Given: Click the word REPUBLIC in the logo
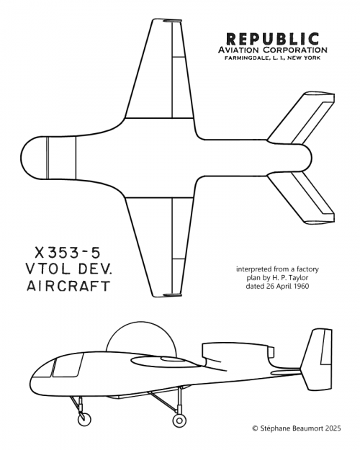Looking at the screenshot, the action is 272,39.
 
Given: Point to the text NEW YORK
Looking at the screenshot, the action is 304,58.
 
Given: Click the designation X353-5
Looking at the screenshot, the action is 68,253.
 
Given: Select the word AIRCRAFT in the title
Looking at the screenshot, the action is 68,286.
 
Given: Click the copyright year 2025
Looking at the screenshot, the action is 333,428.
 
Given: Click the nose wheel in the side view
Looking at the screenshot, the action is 84,419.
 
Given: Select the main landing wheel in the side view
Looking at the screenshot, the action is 179,420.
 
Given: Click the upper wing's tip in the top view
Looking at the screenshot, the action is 166,20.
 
